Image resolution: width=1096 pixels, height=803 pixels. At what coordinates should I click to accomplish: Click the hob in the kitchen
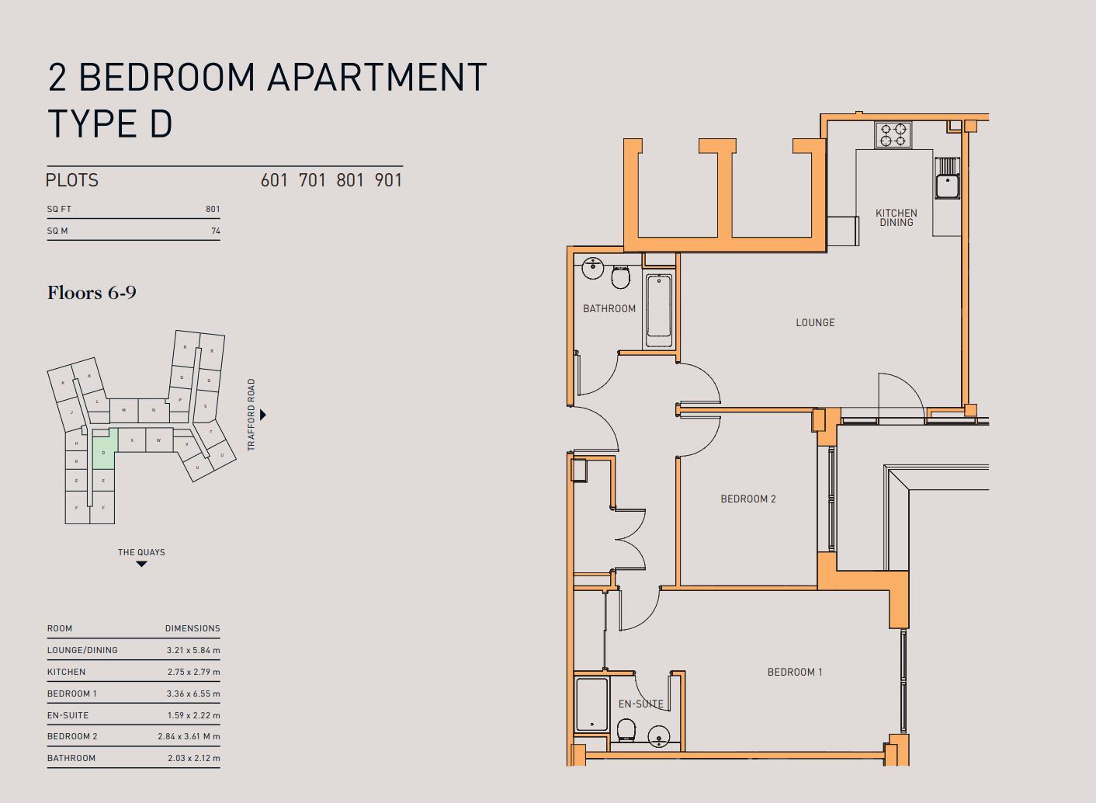coord(893,135)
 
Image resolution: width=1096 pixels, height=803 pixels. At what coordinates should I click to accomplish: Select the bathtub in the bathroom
coord(659,310)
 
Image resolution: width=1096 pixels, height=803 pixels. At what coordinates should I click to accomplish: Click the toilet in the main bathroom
coord(620,276)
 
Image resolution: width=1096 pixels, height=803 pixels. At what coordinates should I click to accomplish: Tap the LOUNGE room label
coord(815,322)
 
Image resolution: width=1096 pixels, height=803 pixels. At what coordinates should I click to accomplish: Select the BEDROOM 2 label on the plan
coord(747,499)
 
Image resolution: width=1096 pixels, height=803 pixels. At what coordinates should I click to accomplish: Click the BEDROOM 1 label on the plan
coord(794,672)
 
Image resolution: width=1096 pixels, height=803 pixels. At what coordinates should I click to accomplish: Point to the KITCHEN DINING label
coord(896,217)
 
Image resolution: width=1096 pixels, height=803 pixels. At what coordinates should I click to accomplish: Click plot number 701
coord(312,180)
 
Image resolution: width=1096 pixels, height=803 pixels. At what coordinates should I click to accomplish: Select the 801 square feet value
coord(213,209)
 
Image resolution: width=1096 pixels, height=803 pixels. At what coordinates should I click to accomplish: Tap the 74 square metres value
coord(215,231)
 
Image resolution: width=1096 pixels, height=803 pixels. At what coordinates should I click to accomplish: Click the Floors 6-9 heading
coord(92,293)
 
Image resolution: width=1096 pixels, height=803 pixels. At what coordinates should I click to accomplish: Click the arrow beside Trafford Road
coord(263,415)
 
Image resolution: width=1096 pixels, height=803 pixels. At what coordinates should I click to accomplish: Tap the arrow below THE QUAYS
coord(141,564)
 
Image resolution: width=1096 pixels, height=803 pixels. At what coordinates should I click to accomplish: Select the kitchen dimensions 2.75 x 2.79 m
coord(193,672)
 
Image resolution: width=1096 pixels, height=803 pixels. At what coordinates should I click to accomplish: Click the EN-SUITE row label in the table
coord(68,715)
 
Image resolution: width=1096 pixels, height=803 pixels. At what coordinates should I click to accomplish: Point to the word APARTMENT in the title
coord(376,77)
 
